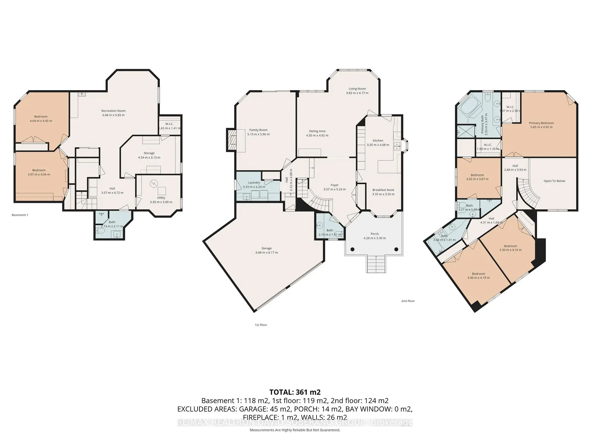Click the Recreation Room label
point(113,111)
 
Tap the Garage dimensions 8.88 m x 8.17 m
point(266,253)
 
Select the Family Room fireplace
point(231,140)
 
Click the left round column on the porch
point(352,249)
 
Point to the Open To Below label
point(554,181)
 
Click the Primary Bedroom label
point(541,123)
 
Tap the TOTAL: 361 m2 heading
point(295,392)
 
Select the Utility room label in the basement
point(161,198)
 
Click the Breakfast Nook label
point(383,190)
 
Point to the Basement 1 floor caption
point(20,215)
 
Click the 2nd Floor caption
point(408,301)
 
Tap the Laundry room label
point(254,182)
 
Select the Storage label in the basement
point(149,153)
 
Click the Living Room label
point(357,89)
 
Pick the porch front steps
point(376,264)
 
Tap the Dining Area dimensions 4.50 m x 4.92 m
point(317,135)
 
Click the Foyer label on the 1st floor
point(334,185)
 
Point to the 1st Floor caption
point(261,325)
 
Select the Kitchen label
point(378,140)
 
